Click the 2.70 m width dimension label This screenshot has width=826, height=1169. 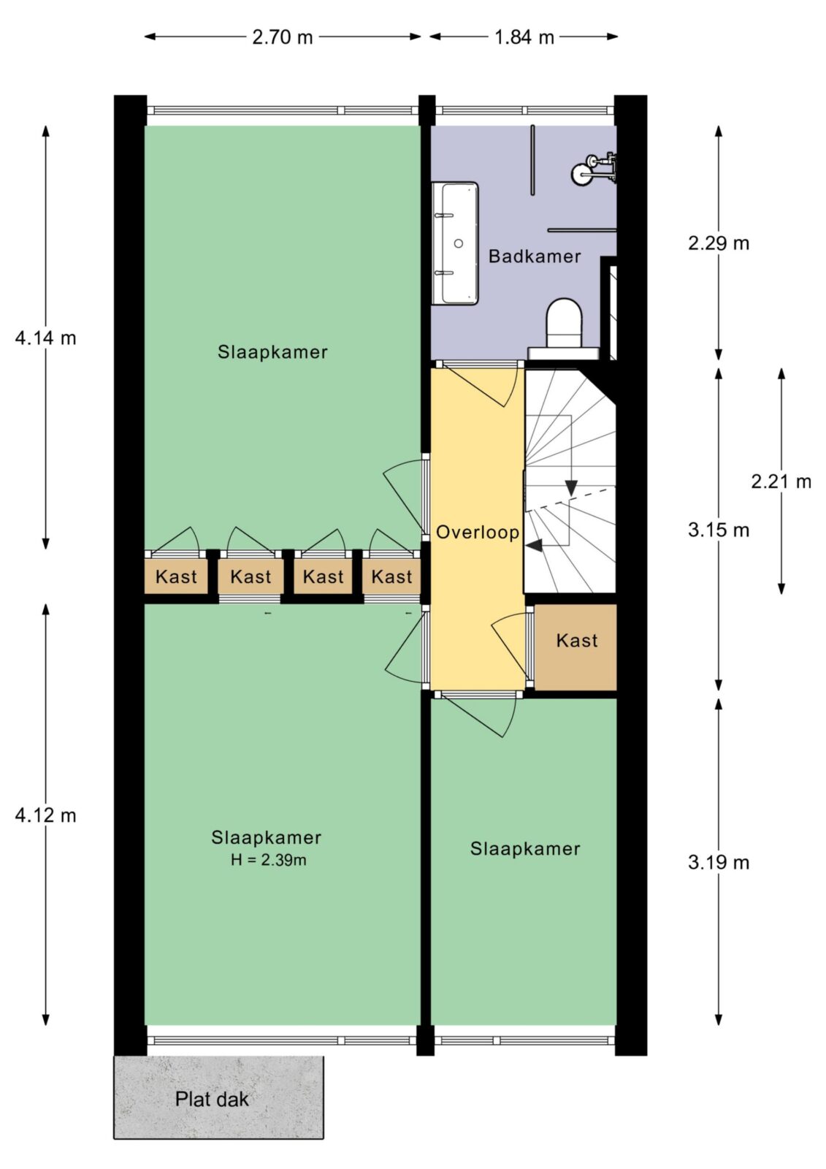pyautogui.click(x=283, y=37)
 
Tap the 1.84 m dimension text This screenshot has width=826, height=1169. pyautogui.click(x=524, y=37)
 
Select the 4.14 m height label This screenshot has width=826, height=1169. pyautogui.click(x=45, y=338)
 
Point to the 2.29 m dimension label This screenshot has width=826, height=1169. pyautogui.click(x=718, y=243)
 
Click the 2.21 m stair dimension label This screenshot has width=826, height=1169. pyautogui.click(x=781, y=481)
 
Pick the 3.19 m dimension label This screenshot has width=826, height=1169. pyautogui.click(x=718, y=862)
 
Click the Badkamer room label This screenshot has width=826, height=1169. pyautogui.click(x=535, y=256)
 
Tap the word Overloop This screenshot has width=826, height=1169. pyautogui.click(x=478, y=532)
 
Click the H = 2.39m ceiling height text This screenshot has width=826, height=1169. pyautogui.click(x=268, y=859)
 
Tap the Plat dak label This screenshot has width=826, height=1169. pyautogui.click(x=212, y=1099)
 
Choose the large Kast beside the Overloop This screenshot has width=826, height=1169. pyautogui.click(x=575, y=647)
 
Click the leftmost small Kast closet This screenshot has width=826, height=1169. pyautogui.click(x=176, y=576)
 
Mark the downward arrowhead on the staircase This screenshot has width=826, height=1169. pyautogui.click(x=571, y=488)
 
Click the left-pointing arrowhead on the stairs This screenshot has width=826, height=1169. pyautogui.click(x=534, y=546)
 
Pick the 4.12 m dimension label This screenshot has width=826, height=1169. pyautogui.click(x=45, y=815)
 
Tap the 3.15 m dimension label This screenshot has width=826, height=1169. pyautogui.click(x=718, y=530)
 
